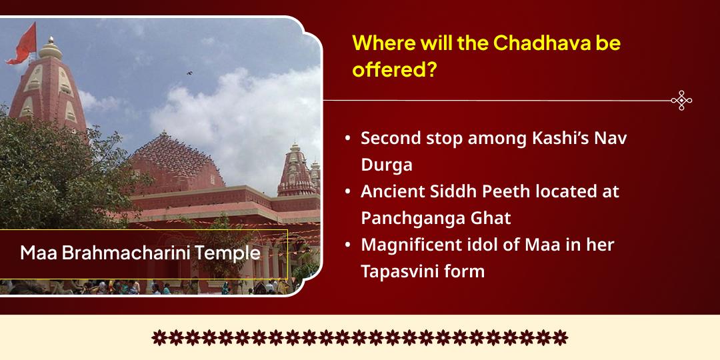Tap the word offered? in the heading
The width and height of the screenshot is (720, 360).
click(393, 70)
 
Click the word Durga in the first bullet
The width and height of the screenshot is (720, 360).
click(386, 165)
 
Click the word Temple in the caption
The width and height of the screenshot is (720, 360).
click(229, 254)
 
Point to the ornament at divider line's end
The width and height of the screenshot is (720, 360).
click(681, 101)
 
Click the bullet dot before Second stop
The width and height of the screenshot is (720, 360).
click(347, 139)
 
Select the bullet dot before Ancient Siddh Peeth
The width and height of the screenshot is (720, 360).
click(347, 192)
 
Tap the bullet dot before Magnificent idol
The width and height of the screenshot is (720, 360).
click(347, 245)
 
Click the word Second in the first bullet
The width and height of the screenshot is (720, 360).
click(389, 139)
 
